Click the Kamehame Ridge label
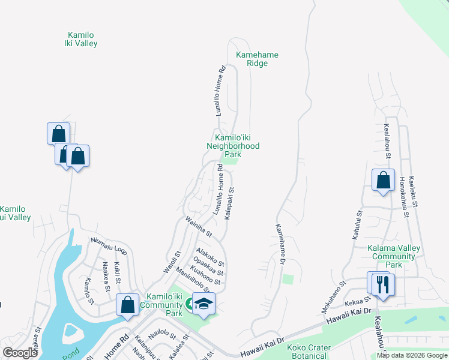(257, 59)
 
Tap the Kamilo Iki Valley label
(81, 39)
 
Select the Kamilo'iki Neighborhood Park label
(233, 146)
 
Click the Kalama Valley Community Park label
(394, 256)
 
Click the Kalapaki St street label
(229, 203)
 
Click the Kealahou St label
(387, 142)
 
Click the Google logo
(20, 352)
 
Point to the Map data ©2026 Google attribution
(412, 355)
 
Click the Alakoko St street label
(210, 258)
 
